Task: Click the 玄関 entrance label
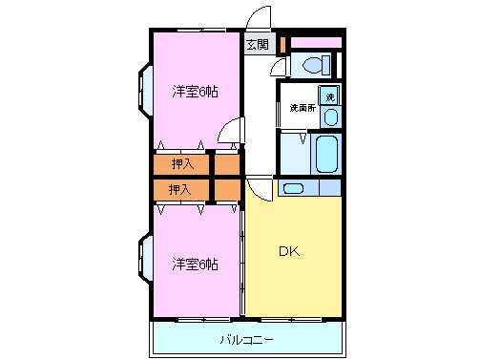point(258,44)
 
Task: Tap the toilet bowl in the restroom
point(313,65)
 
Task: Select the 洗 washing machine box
point(329,96)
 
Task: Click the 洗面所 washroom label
point(302,108)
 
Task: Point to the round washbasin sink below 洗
point(330,116)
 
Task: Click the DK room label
point(288,252)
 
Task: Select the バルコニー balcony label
point(246,339)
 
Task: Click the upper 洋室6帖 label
point(195,92)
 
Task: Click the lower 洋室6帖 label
point(195,263)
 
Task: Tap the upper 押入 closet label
point(181,164)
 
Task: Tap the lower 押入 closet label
point(180,190)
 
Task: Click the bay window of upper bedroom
point(144,91)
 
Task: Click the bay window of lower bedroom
point(144,262)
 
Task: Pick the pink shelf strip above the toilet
point(316,43)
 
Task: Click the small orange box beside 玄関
point(282,44)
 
